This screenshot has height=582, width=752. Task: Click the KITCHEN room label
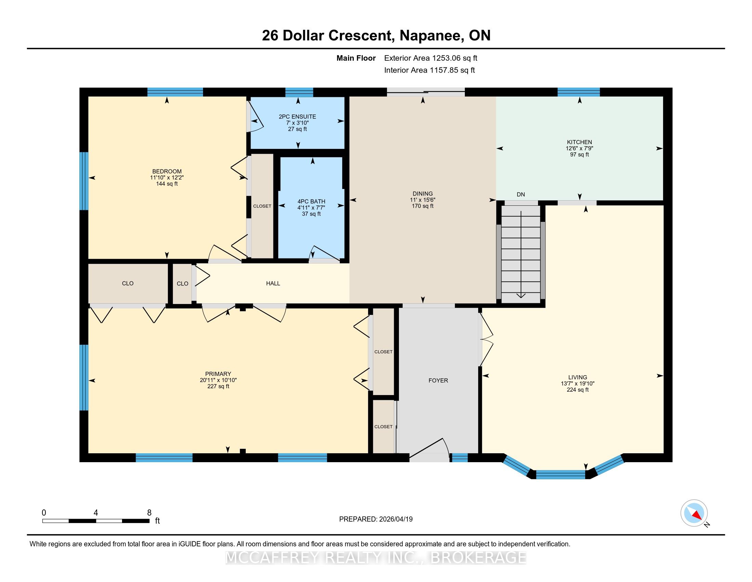coord(579,142)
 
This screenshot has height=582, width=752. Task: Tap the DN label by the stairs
coord(521,194)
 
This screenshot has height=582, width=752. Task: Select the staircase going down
coord(521,254)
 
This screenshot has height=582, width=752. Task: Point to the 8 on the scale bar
coord(149,513)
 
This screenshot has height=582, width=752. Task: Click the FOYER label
coord(438,380)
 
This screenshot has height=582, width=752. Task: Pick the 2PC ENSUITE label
coord(297,116)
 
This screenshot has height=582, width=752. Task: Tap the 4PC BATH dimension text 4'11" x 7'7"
coord(311,207)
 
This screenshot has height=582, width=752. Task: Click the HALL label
coord(273,283)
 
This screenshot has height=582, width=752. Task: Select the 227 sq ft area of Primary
coord(218,386)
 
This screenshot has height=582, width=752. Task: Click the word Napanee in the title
coord(432,36)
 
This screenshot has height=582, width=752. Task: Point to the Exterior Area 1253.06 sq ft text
coord(431,58)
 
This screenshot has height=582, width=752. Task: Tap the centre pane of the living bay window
coord(561,475)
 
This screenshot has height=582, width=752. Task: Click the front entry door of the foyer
coord(429,450)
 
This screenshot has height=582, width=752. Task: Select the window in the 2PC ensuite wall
coord(299,92)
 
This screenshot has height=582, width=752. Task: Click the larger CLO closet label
coord(128,283)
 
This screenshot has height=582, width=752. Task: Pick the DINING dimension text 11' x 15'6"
coord(422,200)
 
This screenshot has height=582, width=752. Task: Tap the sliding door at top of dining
coord(426,92)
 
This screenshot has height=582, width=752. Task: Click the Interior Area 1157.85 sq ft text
coord(429,70)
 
